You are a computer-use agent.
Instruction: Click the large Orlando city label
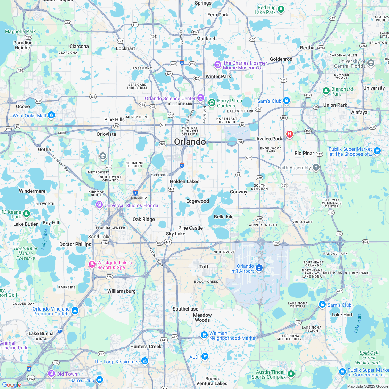click(190, 142)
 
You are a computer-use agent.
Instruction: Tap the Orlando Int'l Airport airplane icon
click(259, 268)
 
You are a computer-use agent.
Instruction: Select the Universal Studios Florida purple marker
click(99, 205)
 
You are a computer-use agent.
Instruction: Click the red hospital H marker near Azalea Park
click(289, 134)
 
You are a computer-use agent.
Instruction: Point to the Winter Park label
click(218, 76)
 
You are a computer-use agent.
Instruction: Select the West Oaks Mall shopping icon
click(51, 115)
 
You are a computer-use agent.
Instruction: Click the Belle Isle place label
click(224, 217)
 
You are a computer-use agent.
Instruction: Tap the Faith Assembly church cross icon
click(316, 167)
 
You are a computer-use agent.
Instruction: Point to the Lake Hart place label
click(342, 315)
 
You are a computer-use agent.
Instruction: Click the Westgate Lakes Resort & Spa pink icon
click(92, 265)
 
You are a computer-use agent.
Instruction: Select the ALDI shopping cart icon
click(205, 356)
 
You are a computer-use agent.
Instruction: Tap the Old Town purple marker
click(51, 374)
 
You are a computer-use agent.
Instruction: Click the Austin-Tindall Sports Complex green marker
click(291, 374)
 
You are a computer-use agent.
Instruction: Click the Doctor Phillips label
click(75, 244)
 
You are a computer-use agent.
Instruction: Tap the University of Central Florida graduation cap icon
click(371, 63)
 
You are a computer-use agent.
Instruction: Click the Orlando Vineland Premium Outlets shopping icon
click(75, 311)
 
